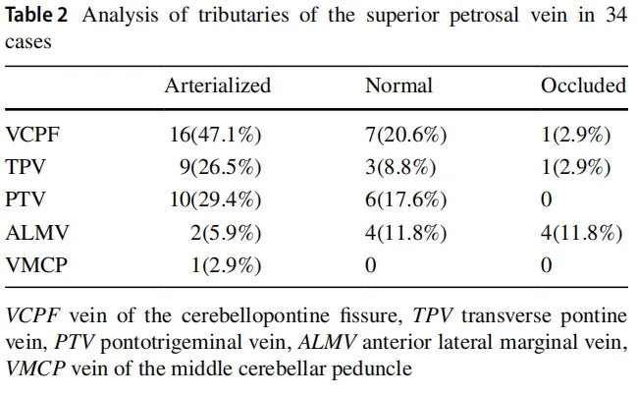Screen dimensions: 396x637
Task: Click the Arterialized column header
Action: [x=217, y=85]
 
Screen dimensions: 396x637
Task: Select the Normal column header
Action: [x=398, y=85]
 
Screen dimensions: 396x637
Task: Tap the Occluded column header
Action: [x=583, y=85]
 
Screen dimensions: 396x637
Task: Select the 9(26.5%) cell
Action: [x=220, y=167]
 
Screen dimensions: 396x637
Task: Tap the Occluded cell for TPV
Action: [x=577, y=167]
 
